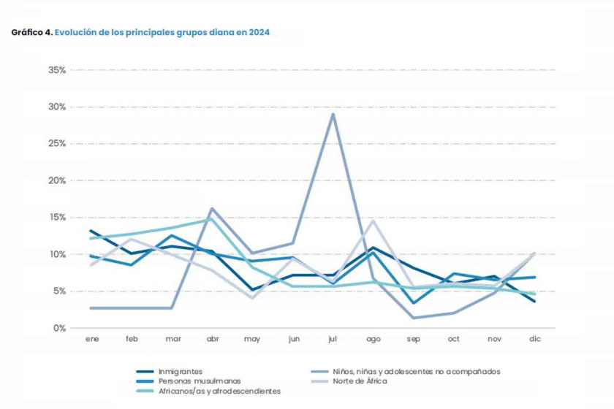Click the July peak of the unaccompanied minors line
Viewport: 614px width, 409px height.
[x=333, y=114]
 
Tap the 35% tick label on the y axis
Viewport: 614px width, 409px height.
[x=57, y=70]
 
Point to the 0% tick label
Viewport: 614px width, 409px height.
[x=60, y=328]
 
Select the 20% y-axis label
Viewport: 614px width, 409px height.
[x=57, y=180]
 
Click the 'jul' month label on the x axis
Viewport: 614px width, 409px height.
[x=333, y=340]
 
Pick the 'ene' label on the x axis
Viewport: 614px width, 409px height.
[x=91, y=340]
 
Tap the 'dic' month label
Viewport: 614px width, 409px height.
[x=535, y=340]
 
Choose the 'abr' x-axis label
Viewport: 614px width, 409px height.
[x=212, y=340]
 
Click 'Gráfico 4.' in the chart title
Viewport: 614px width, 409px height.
[x=31, y=33]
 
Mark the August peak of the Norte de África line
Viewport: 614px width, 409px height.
[x=374, y=221]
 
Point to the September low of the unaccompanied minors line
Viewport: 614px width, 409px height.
[x=414, y=318]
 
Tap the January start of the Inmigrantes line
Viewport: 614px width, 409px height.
[x=91, y=231]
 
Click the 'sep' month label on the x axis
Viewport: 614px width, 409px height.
[x=414, y=340]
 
